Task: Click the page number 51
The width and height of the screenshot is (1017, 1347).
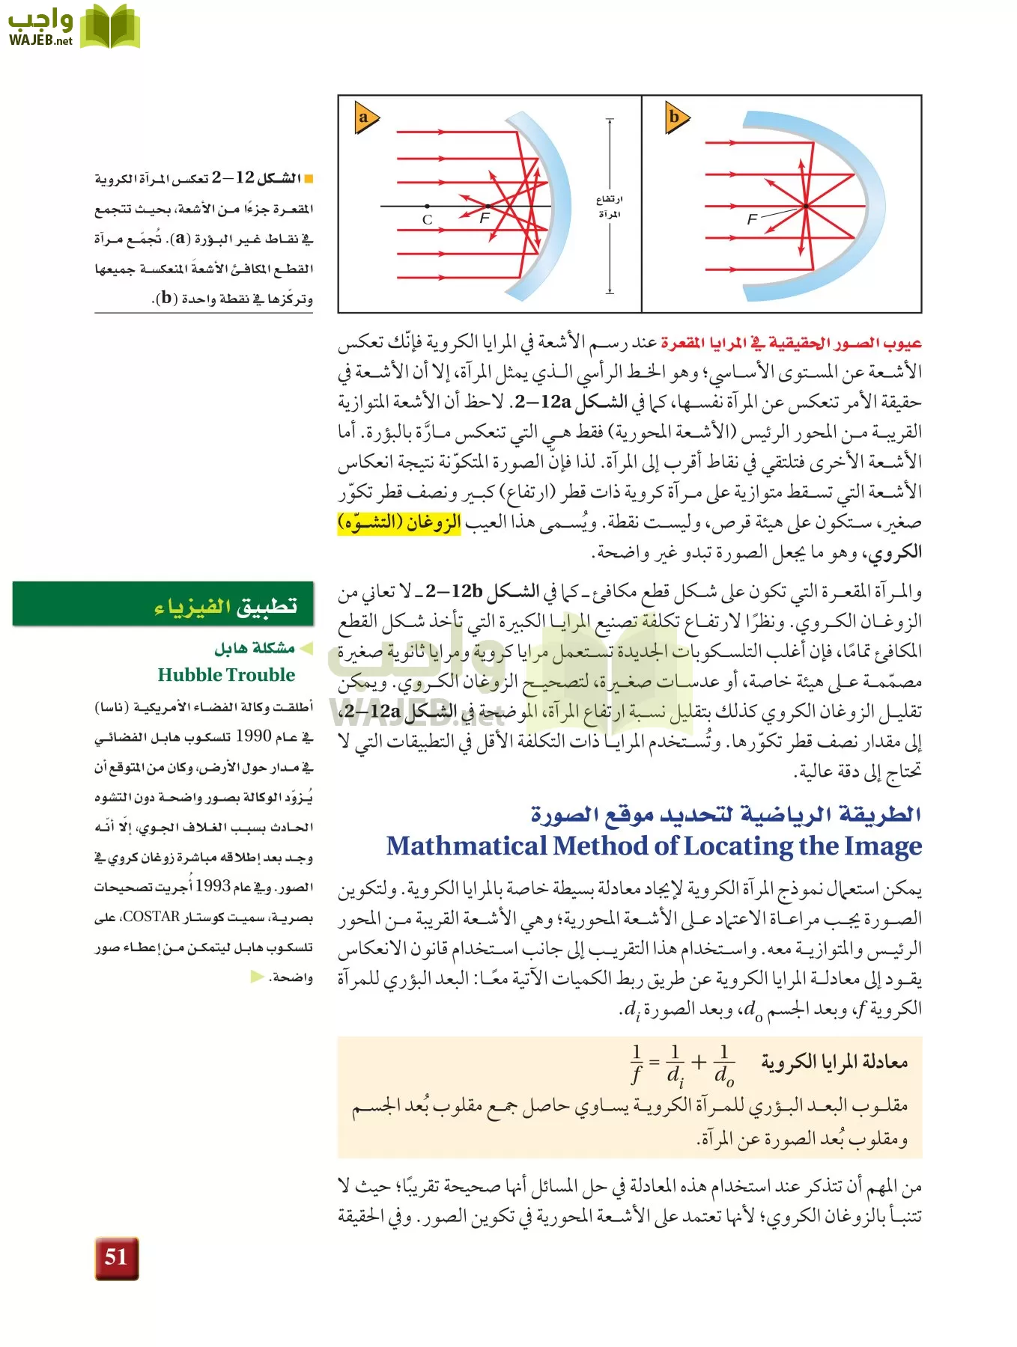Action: pyautogui.click(x=116, y=1257)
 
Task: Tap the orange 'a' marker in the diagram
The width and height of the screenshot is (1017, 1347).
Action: pyautogui.click(x=365, y=117)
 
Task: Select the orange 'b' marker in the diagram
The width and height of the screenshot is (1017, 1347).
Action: pyautogui.click(x=676, y=117)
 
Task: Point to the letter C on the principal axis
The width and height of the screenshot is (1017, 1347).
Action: pyautogui.click(x=427, y=220)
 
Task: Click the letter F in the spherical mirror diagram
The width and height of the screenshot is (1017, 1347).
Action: pyautogui.click(x=485, y=218)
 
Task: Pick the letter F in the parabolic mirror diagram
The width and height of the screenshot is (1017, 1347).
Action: pyautogui.click(x=752, y=219)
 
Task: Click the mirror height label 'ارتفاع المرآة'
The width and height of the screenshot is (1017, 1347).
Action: pyautogui.click(x=609, y=207)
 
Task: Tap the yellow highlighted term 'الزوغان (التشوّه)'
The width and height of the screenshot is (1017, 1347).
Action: pyautogui.click(x=399, y=522)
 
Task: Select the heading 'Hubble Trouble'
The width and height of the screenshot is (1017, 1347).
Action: pyautogui.click(x=226, y=675)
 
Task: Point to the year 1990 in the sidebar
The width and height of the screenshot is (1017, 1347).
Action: pyautogui.click(x=253, y=736)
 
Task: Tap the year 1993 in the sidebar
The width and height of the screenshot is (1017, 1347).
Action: pyautogui.click(x=213, y=887)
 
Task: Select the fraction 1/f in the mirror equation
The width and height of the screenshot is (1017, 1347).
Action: pyautogui.click(x=637, y=1063)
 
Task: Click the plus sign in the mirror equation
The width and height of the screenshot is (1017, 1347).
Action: pyautogui.click(x=699, y=1062)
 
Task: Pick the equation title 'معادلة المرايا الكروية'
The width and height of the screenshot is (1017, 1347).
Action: pyautogui.click(x=834, y=1062)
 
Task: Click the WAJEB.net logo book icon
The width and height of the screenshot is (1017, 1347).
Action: pyautogui.click(x=110, y=27)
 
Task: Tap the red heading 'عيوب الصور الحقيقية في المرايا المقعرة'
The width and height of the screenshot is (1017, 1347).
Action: pyautogui.click(x=791, y=343)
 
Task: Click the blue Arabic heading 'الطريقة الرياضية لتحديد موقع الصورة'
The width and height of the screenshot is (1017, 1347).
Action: pyautogui.click(x=726, y=813)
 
